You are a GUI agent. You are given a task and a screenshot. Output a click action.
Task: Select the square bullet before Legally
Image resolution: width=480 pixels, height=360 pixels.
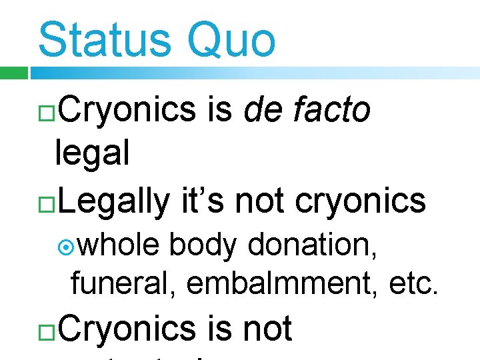pos(47,201)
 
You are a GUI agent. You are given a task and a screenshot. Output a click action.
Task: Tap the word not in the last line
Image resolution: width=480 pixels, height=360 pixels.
pos(267,329)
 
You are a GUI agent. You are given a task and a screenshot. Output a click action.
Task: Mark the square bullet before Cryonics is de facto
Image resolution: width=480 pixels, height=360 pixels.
pos(47,111)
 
